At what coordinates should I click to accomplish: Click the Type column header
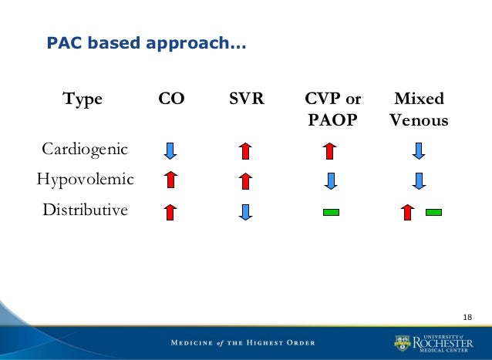[x=83, y=99]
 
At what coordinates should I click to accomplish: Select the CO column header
[x=170, y=99]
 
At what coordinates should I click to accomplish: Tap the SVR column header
[x=245, y=99]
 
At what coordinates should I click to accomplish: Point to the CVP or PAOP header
[x=332, y=110]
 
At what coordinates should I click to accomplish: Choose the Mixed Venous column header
[x=419, y=110]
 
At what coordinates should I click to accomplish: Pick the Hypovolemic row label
[x=85, y=179]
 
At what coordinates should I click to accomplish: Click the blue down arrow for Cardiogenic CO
[x=170, y=150]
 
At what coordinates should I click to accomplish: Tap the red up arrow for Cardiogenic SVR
[x=245, y=150]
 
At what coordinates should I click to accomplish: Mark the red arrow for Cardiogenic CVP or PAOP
[x=331, y=150]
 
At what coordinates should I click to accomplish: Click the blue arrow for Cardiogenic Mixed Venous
[x=419, y=150]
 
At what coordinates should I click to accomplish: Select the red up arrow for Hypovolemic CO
[x=170, y=180]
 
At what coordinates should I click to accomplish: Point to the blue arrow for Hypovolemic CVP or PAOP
[x=331, y=180]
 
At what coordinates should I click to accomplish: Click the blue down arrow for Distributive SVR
[x=245, y=211]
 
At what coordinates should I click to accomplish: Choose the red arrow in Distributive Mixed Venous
[x=406, y=211]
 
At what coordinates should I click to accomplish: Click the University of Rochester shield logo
[x=403, y=341]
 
